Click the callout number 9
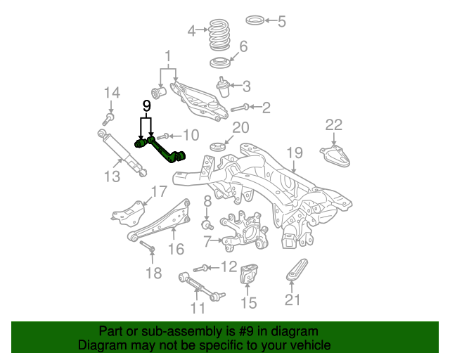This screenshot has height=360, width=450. pos(147,105)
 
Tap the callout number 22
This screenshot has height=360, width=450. pos(333,125)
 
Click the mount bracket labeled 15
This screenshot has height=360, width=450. pos(249,275)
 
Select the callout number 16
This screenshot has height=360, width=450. pos(175,248)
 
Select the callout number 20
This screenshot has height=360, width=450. pos(240,127)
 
